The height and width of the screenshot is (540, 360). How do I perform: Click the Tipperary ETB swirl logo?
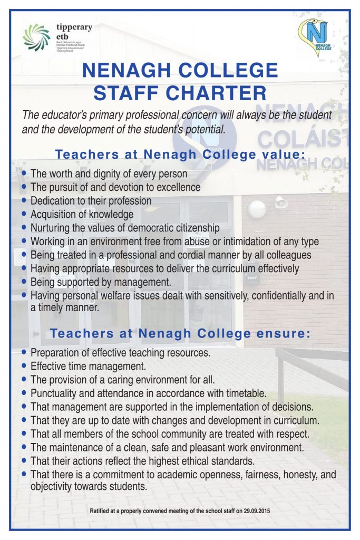point(36,37)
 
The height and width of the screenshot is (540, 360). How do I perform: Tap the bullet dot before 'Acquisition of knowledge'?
point(25,214)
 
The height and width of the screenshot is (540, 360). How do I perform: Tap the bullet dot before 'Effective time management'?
point(25,365)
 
